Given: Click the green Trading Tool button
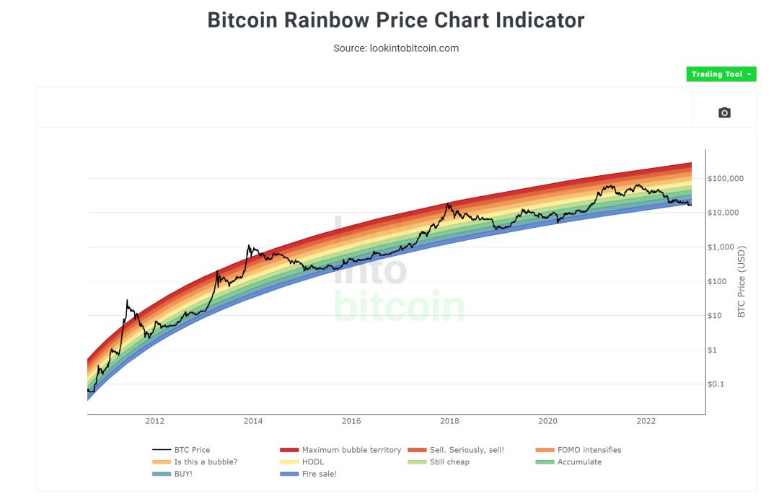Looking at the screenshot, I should (x=721, y=74).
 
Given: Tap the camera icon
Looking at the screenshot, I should (x=724, y=112).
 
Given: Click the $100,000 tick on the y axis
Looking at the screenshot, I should (x=726, y=178).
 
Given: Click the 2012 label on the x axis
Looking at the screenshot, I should (x=154, y=421).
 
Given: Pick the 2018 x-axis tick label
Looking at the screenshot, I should (x=449, y=421).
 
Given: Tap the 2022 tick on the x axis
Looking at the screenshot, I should (x=646, y=421).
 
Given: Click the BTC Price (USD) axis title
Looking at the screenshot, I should (x=742, y=282).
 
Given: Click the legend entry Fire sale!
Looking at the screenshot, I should (x=320, y=474).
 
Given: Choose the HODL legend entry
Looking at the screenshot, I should (x=313, y=462).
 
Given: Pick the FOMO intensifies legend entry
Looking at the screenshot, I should (x=589, y=450).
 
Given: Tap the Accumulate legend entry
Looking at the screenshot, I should (x=579, y=462).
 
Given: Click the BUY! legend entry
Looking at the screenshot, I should (x=182, y=474).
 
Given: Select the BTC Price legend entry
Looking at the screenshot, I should (x=192, y=450).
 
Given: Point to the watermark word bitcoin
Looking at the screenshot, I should (x=399, y=306).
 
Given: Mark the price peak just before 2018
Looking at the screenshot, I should (x=448, y=203).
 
